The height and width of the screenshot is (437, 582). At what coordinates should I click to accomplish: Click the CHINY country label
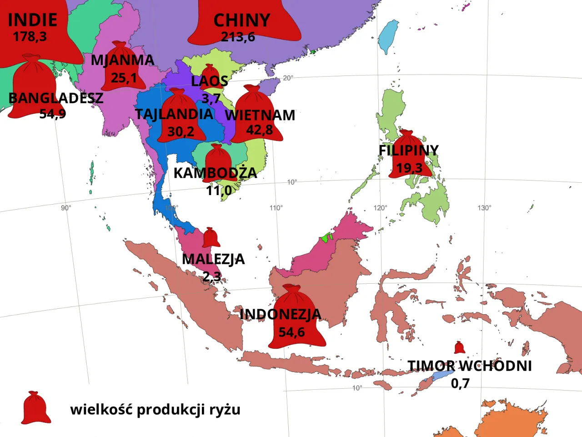[x=242, y=20]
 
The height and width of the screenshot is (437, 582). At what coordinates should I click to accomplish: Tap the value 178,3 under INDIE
[x=30, y=36]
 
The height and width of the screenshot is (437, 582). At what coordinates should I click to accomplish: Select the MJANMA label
[x=122, y=60]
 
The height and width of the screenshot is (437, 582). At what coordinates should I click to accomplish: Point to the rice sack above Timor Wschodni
[x=460, y=347]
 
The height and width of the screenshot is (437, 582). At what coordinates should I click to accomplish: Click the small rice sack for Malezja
[x=211, y=237]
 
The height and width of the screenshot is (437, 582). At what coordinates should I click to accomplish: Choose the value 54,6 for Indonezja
[x=291, y=332]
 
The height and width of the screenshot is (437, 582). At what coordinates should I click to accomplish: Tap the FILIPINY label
[x=408, y=150]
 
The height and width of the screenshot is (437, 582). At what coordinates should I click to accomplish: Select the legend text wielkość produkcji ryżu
[x=155, y=409]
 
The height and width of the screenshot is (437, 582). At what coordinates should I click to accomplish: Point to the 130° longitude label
[x=484, y=208]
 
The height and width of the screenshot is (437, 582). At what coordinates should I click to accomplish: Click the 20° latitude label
[x=288, y=78]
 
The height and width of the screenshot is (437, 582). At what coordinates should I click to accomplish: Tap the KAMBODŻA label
[x=215, y=173]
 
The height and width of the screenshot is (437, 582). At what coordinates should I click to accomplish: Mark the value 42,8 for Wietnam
[x=259, y=130]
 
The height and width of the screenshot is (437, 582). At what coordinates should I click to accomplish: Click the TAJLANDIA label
[x=174, y=114]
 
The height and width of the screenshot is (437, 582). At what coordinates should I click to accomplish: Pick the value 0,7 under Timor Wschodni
[x=460, y=383]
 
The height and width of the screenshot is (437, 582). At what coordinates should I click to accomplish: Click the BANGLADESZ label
[x=55, y=98]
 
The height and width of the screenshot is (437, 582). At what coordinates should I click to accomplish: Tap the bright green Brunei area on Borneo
[x=326, y=237]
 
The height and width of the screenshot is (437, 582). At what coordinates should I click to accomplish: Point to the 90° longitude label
[x=66, y=208]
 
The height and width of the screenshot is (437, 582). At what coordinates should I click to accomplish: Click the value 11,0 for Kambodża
[x=219, y=191]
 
